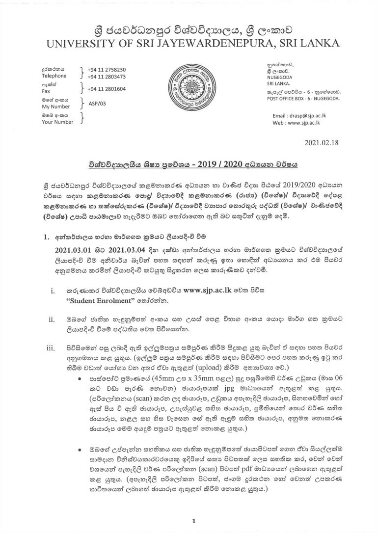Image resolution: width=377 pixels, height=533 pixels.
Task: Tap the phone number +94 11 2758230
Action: (x=106, y=70)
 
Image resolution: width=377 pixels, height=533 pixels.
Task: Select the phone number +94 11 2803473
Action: (x=106, y=77)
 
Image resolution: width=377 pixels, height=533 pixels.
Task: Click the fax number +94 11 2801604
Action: (x=106, y=89)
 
